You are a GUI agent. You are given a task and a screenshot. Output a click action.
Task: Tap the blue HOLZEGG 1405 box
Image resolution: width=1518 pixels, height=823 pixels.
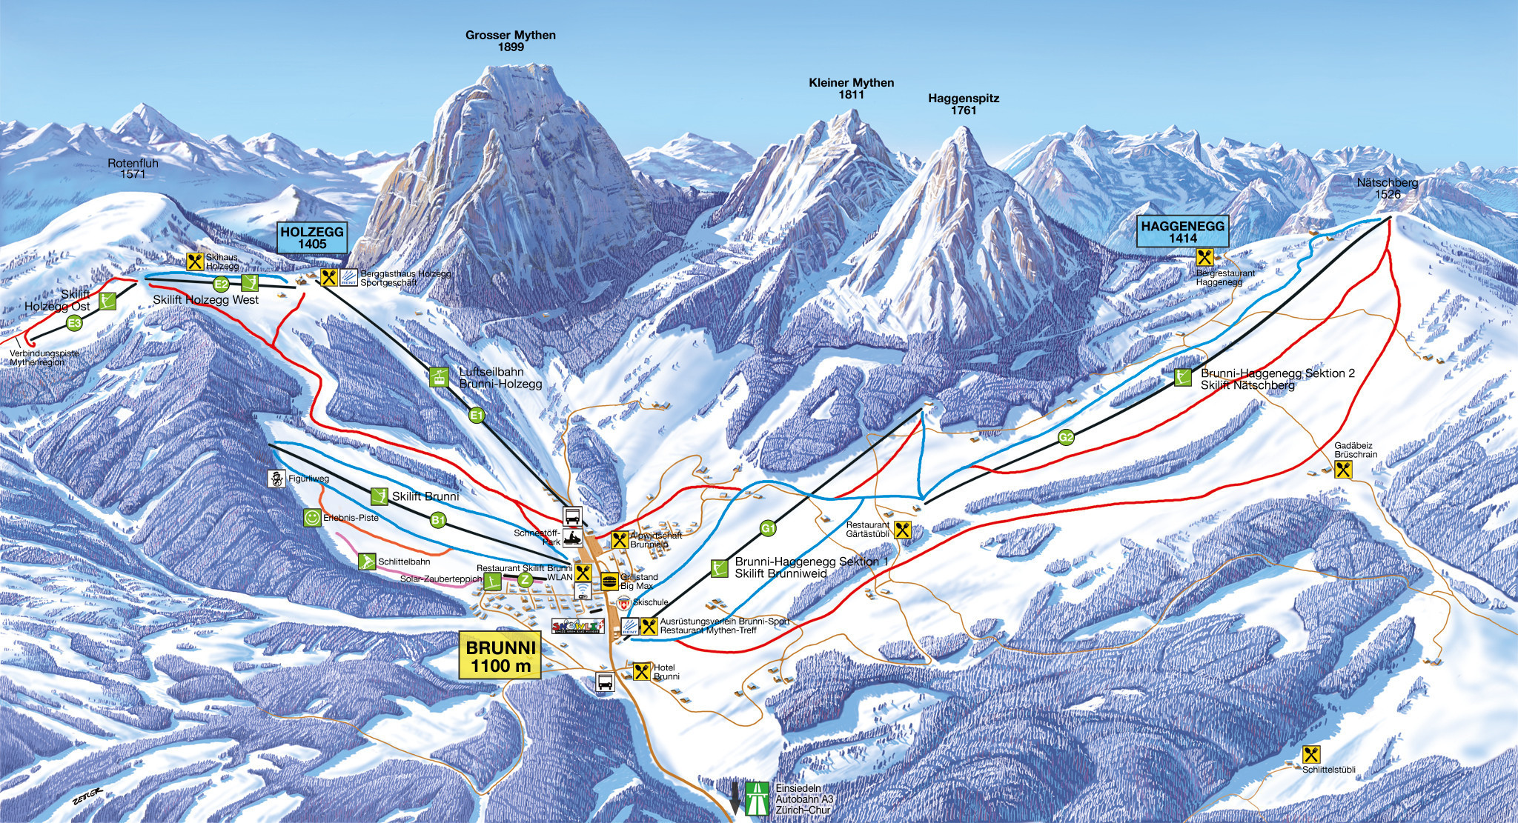click(312, 237)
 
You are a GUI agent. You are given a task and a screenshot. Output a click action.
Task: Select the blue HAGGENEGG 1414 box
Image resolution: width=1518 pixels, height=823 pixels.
click(1183, 232)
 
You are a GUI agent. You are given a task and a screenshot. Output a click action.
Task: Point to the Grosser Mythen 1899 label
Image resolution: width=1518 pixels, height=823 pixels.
click(510, 41)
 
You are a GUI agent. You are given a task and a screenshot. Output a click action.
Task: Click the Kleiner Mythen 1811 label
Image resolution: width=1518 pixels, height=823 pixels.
click(851, 88)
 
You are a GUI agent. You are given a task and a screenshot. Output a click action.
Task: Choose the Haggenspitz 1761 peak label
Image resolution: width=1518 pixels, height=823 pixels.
click(964, 104)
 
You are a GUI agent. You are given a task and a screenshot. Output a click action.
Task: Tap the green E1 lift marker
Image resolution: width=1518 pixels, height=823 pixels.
click(477, 416)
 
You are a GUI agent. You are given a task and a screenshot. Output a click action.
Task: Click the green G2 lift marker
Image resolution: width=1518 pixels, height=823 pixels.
click(1066, 438)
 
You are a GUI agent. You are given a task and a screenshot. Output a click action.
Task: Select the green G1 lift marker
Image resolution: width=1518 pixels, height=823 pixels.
click(768, 528)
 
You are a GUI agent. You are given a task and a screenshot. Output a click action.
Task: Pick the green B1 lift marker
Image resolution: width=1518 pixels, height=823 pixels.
click(438, 521)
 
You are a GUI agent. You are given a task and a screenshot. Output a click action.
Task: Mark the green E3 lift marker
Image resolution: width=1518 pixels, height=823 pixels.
click(73, 323)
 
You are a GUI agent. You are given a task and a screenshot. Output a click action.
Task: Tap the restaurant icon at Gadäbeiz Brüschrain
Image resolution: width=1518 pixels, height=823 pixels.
click(1343, 469)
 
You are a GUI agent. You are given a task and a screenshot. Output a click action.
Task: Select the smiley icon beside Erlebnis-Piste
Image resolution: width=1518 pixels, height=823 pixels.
click(312, 517)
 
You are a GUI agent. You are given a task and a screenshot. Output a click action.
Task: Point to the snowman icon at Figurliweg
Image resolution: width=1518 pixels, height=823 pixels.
click(276, 479)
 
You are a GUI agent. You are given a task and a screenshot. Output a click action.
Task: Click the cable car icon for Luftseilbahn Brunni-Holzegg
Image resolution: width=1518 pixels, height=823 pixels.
click(440, 377)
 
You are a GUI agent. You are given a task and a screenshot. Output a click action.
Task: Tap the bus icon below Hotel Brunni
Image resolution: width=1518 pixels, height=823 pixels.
click(605, 682)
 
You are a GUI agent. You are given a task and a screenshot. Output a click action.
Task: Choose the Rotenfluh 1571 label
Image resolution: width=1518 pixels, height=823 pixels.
click(133, 168)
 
